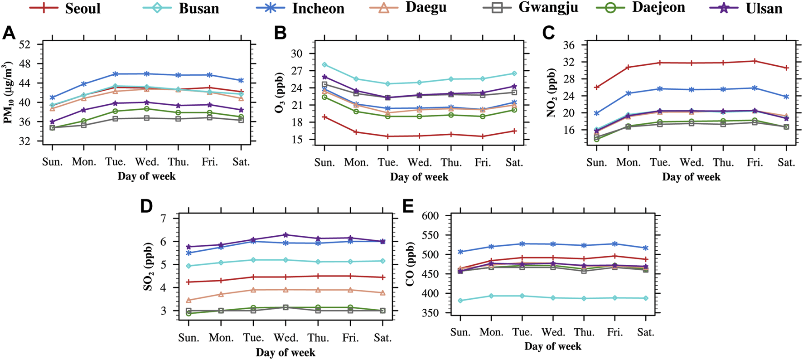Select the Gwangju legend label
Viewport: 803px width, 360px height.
point(548,8)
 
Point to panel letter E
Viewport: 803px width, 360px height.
point(408,206)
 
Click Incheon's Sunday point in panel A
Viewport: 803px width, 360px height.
point(52,97)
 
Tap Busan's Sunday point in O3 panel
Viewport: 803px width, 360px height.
point(324,65)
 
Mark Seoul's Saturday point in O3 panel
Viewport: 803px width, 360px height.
point(514,131)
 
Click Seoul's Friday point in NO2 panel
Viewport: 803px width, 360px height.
point(755,61)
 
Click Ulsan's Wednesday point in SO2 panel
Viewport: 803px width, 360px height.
point(285,235)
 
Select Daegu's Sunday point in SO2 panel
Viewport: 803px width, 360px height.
point(189,300)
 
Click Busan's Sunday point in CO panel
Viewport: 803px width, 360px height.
point(460,301)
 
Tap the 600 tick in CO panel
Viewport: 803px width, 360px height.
point(430,216)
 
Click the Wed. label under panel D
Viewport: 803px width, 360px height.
point(286,338)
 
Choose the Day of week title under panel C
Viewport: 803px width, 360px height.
point(691,177)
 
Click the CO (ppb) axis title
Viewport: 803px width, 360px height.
point(410,264)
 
